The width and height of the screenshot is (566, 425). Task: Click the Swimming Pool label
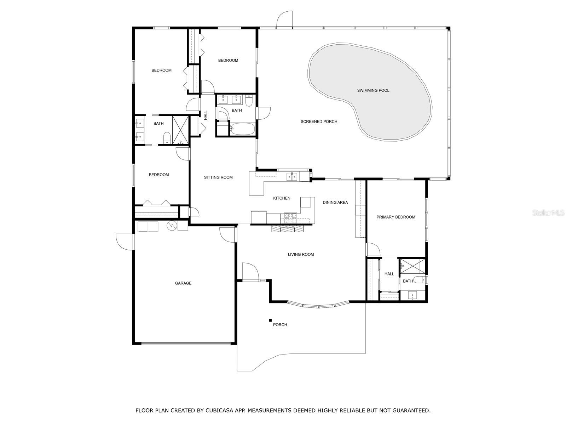tap(373, 90)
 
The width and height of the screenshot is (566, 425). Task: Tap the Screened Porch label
tap(319, 121)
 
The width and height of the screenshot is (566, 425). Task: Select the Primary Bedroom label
tap(395, 217)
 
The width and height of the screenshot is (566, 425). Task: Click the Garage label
tap(183, 283)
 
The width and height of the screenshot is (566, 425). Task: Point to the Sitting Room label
tap(218, 177)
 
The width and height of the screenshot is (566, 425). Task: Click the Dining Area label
tap(335, 203)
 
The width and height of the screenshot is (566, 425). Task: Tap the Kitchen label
tap(282, 198)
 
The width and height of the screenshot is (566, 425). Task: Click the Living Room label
tap(301, 254)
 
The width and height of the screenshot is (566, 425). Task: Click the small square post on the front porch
tap(270, 320)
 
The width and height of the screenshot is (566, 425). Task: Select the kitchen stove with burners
tap(291, 218)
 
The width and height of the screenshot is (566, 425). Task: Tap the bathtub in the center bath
tap(242, 129)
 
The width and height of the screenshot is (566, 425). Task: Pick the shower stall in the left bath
tap(181, 130)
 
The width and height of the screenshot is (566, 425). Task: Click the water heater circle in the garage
tap(172, 225)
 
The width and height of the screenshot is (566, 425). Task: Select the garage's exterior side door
tap(125, 242)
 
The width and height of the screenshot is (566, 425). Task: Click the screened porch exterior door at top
tap(285, 20)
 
